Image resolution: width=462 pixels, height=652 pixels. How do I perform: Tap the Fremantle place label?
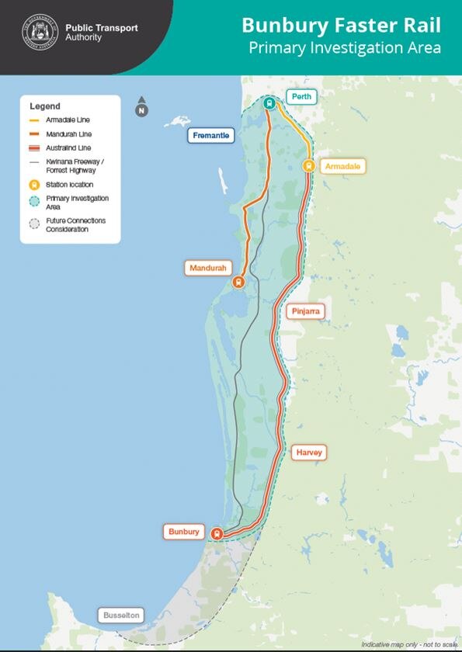(x=211, y=136)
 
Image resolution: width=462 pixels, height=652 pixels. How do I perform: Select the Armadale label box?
(x=342, y=166)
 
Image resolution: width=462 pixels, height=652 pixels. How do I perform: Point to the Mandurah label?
(x=209, y=268)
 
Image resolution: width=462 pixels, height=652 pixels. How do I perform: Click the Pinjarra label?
(x=305, y=311)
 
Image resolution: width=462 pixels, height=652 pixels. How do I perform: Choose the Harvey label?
(x=308, y=452)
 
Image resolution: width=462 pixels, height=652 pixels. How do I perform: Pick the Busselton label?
(x=122, y=616)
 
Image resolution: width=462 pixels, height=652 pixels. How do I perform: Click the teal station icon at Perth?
(x=269, y=103)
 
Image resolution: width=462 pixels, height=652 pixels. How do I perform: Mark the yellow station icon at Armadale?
(x=308, y=165)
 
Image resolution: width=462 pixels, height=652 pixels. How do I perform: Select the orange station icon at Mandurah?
(x=238, y=283)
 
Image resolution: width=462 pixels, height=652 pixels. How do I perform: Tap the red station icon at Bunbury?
(x=217, y=533)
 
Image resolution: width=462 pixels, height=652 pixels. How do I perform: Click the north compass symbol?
(x=141, y=108)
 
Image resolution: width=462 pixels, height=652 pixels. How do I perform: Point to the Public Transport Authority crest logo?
(x=39, y=32)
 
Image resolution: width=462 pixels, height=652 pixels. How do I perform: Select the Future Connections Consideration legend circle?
(x=33, y=225)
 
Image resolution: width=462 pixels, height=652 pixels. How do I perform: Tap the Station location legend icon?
(x=33, y=185)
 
